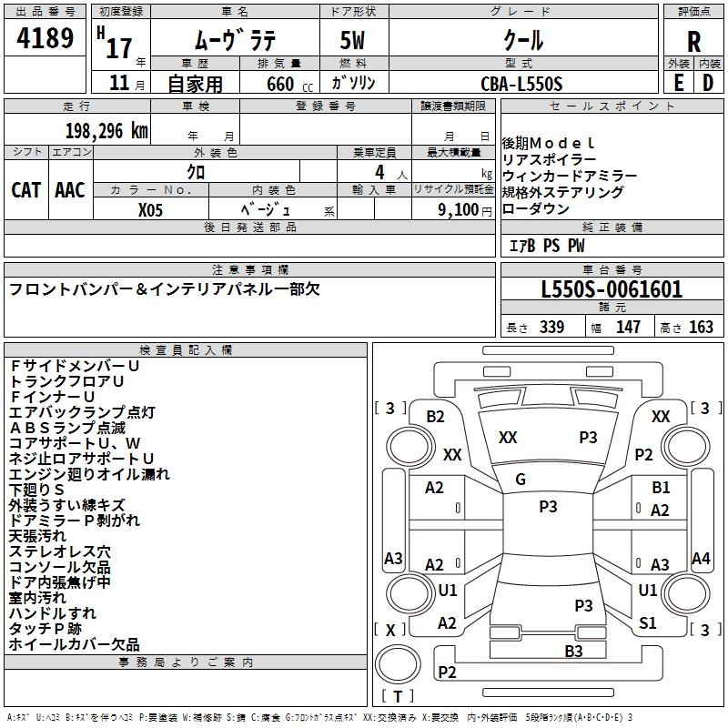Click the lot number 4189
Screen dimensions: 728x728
point(45,38)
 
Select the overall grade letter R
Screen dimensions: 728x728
point(693,42)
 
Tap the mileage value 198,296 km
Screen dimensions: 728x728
point(106,130)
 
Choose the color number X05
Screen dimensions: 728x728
point(152,209)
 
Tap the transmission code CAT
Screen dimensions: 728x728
point(26,189)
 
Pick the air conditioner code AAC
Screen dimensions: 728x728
point(70,189)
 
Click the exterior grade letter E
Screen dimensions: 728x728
point(678,83)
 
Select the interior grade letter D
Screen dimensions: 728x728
point(708,83)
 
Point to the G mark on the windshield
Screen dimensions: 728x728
point(521,480)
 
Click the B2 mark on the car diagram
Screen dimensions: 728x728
point(436,416)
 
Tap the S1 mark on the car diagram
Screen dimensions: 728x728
point(648,623)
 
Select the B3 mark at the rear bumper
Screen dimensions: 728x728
point(573,651)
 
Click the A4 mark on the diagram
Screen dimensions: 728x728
point(701,559)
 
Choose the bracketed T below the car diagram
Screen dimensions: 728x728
point(399,696)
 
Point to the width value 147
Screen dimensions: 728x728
point(628,328)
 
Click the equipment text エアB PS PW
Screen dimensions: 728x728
point(547,246)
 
